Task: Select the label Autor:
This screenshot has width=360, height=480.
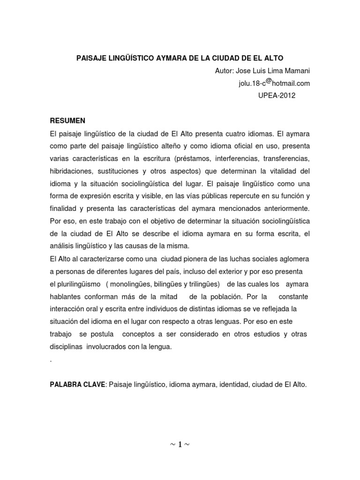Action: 225,71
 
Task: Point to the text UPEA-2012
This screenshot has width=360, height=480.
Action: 277,96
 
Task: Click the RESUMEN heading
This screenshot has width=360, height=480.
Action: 67,120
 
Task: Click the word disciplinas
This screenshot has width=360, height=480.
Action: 66,347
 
